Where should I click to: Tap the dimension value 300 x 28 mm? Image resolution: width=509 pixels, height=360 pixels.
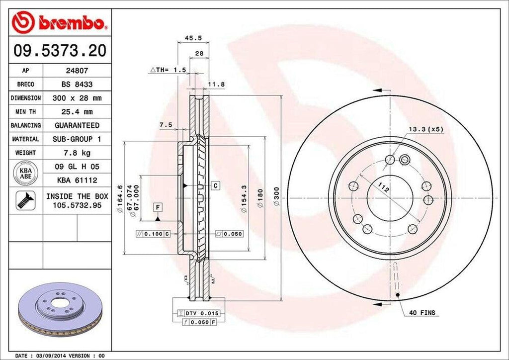[77, 98]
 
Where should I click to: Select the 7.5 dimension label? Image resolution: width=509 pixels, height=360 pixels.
[166, 125]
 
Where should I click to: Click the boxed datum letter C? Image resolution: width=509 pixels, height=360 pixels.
[216, 186]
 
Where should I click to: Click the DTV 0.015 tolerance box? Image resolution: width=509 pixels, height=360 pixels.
[198, 313]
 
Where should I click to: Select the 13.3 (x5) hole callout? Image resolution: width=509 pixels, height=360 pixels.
[425, 129]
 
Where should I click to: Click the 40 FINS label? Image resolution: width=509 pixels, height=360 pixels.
[423, 313]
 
